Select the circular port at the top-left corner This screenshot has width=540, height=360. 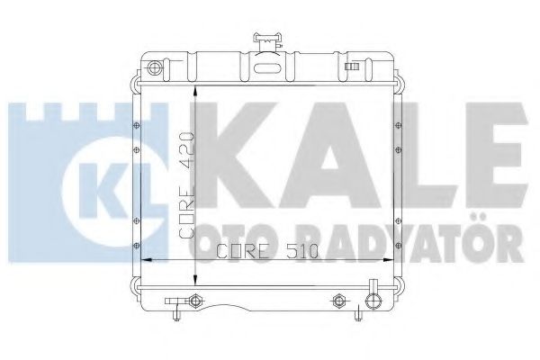tap(154, 68)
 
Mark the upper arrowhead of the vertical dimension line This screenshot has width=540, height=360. tap(195, 86)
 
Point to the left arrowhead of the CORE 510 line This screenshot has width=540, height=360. tap(148, 260)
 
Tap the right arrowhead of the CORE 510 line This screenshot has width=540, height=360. tap(393, 260)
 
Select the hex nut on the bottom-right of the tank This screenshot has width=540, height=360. tap(339, 300)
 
